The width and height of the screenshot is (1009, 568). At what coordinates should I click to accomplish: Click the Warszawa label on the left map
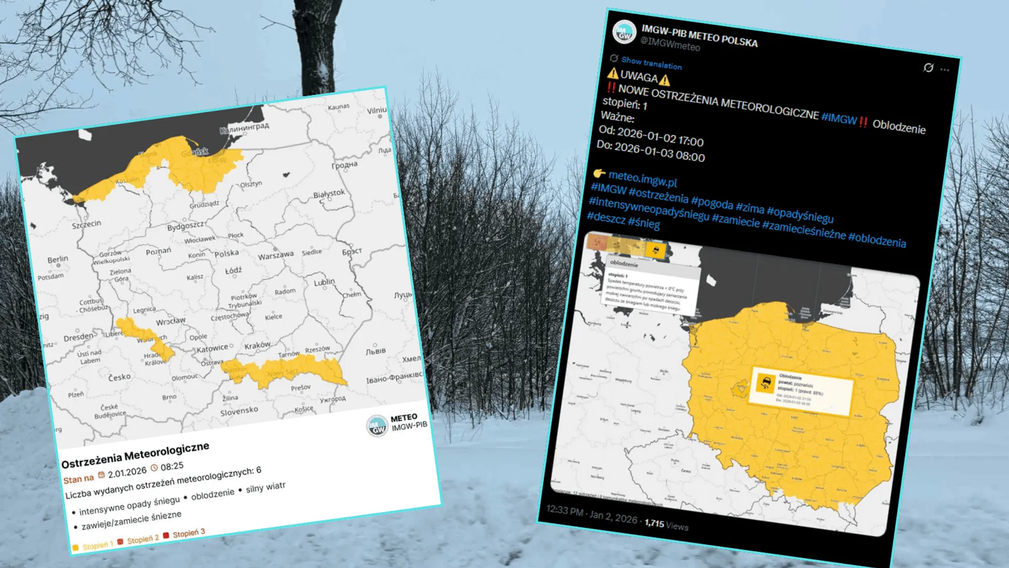(x=275, y=256)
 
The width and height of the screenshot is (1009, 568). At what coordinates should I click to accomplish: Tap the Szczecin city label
(x=86, y=224)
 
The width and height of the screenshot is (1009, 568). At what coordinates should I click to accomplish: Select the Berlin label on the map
(x=58, y=259)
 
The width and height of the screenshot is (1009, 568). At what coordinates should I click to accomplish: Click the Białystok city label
(x=329, y=194)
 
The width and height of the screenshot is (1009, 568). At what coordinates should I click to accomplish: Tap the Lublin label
(x=324, y=282)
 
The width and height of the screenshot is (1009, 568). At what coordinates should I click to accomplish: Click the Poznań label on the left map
(x=158, y=251)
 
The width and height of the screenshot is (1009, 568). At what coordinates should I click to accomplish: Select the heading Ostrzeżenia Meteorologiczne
(x=135, y=455)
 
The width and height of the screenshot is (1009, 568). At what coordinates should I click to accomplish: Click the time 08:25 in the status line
(x=172, y=466)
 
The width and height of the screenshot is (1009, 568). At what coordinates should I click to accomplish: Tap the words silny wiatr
(x=265, y=487)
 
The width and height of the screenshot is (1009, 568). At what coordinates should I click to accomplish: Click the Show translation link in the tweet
(x=651, y=63)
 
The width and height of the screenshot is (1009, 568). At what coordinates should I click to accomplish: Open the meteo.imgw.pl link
(x=642, y=179)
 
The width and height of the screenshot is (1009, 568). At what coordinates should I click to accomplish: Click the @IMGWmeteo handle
(x=670, y=44)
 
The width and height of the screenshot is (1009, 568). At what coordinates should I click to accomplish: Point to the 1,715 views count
(x=666, y=524)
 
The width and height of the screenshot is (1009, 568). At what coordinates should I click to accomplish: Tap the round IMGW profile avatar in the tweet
(x=625, y=33)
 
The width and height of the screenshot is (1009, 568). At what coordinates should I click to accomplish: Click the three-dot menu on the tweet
(x=945, y=69)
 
